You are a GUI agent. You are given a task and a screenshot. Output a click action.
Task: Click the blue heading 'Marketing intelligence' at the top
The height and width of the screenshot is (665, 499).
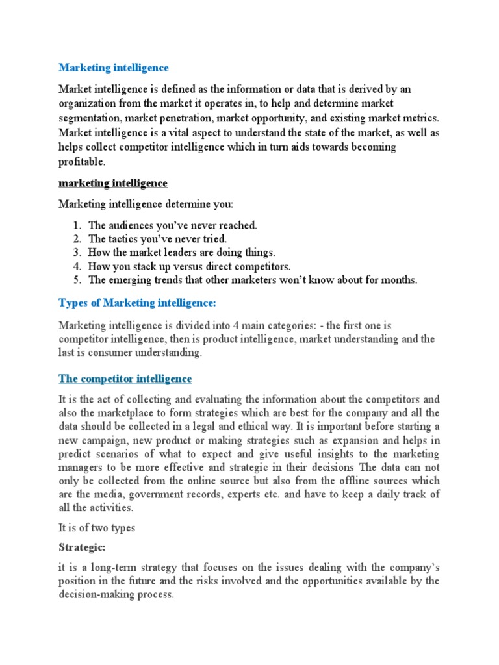[x=114, y=68]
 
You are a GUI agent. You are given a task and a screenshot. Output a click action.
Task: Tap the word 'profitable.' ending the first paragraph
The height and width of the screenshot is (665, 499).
[x=81, y=162]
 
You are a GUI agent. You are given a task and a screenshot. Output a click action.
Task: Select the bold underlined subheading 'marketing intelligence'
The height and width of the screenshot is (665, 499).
[x=113, y=183]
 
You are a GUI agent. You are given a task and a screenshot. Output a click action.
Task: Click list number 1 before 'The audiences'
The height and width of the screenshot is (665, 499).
[x=76, y=225]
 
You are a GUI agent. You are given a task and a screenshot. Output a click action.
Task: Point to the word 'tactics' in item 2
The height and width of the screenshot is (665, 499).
[x=125, y=239]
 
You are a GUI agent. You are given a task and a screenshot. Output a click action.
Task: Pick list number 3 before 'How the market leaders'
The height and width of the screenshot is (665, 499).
[x=76, y=253]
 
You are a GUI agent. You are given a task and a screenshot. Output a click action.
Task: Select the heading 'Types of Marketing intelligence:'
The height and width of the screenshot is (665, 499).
[x=136, y=303]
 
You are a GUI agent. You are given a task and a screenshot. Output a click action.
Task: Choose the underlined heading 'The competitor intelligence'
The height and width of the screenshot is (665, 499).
[x=125, y=378]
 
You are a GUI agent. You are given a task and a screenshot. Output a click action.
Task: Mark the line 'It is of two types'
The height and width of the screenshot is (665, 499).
[x=97, y=527]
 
